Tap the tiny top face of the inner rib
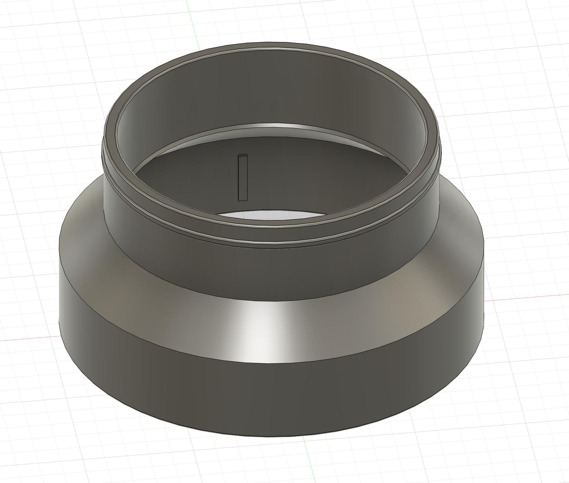click(x=243, y=156)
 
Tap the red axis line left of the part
click(x=27, y=339)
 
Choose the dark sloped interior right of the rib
click(x=316, y=173)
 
